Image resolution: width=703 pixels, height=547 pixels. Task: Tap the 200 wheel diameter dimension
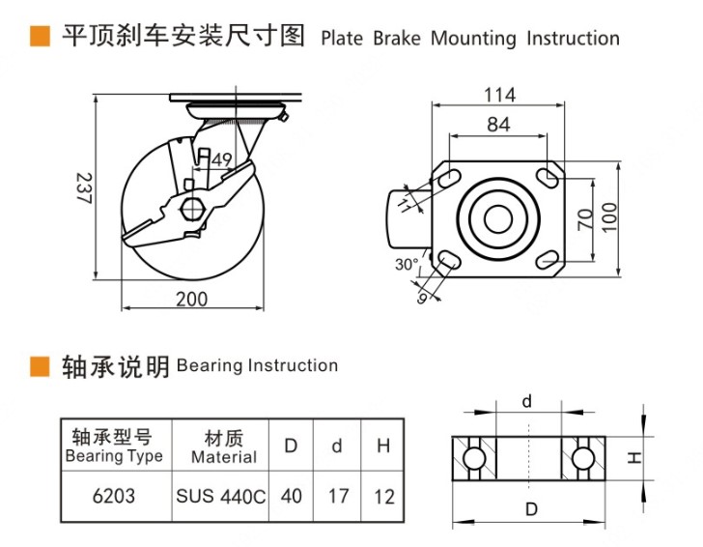[x=191, y=299]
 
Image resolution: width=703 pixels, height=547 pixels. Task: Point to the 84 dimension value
[x=498, y=124]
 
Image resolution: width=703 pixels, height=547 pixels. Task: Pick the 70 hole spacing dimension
[x=584, y=218]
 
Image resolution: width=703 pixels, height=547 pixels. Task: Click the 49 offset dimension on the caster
[x=220, y=160]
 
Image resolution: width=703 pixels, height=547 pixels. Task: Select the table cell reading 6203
[x=113, y=497]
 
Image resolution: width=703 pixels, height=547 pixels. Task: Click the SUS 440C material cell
[x=220, y=497]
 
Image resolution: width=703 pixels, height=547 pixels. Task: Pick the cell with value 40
[x=291, y=497]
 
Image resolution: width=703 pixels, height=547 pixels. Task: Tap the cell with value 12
[x=383, y=497]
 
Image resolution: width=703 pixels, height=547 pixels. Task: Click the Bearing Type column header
[x=113, y=445]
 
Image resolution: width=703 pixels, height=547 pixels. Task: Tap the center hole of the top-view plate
[x=498, y=218]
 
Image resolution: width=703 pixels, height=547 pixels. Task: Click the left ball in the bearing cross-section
[x=472, y=456]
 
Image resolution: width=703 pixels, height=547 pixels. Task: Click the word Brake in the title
[x=398, y=39]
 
